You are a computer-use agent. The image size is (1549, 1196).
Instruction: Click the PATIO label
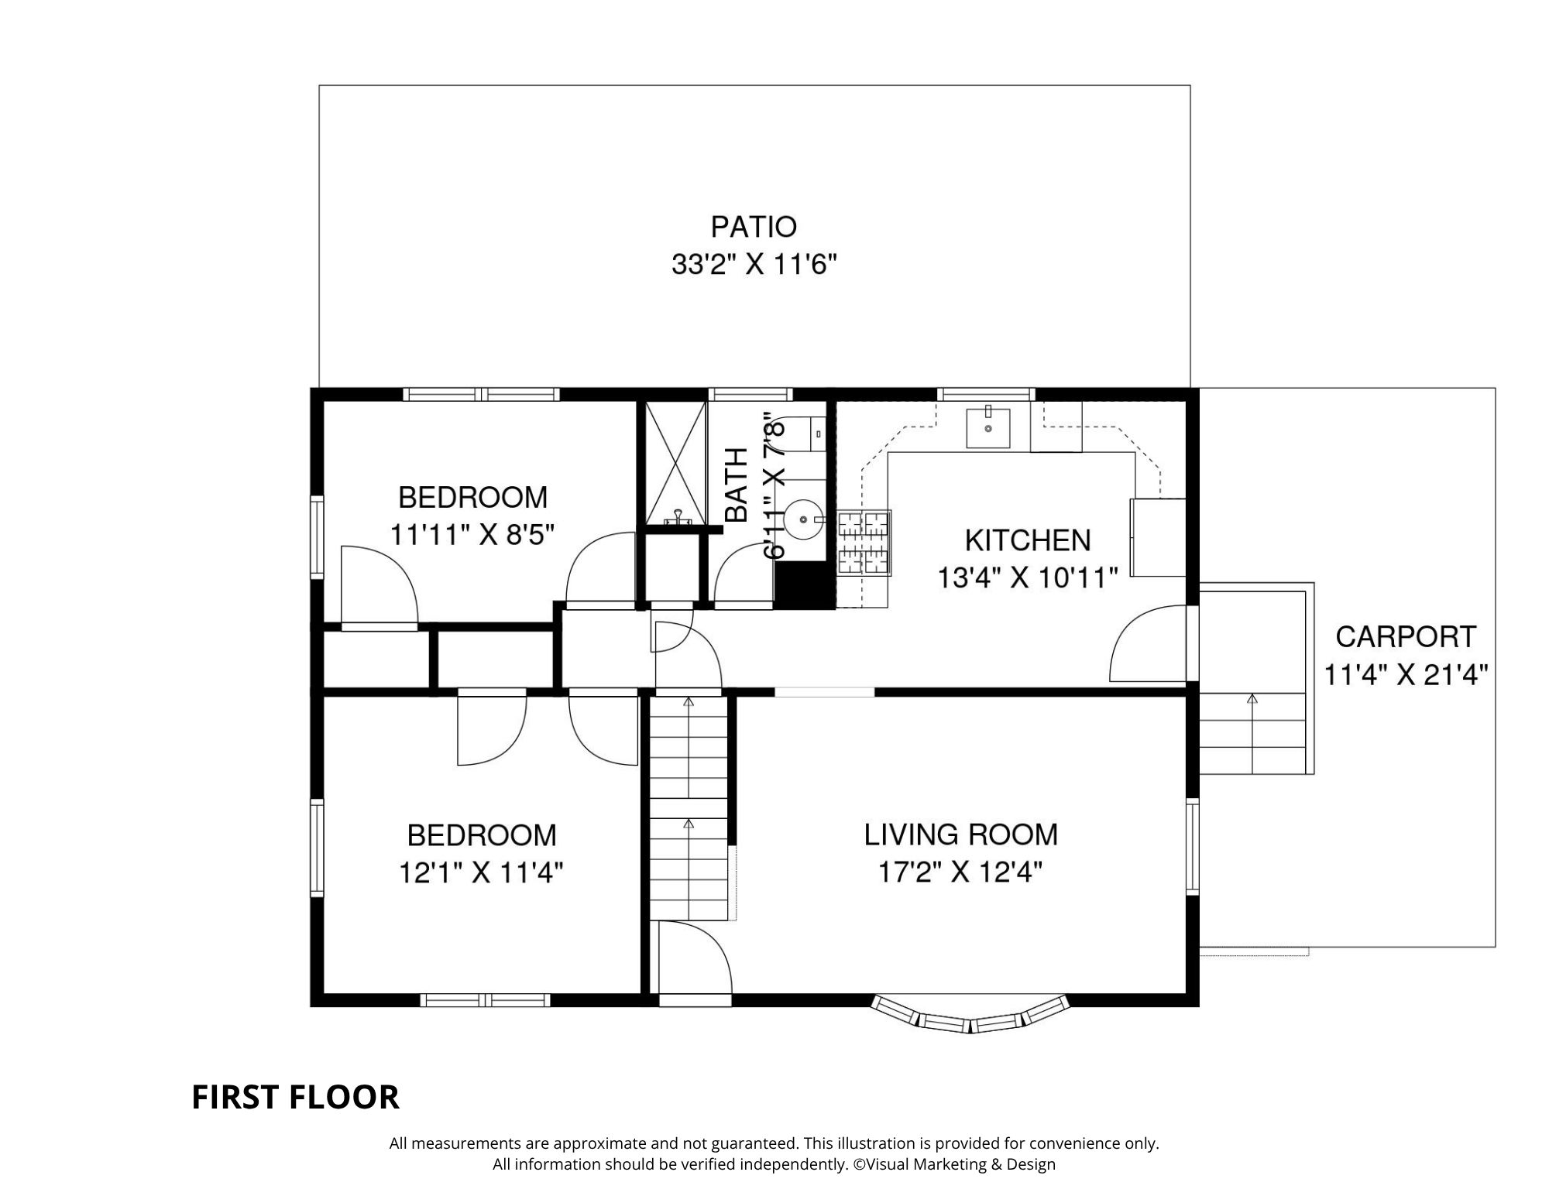click(x=754, y=227)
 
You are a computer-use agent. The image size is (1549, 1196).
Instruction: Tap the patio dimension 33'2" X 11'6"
click(x=754, y=266)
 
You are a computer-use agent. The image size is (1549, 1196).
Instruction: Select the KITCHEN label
click(x=1028, y=540)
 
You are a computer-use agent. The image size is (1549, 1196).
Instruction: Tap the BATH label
click(x=737, y=485)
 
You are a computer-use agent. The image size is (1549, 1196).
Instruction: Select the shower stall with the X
click(x=676, y=463)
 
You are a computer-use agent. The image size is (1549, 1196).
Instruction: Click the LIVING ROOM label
click(x=961, y=834)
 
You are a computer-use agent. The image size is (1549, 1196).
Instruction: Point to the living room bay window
click(x=970, y=1015)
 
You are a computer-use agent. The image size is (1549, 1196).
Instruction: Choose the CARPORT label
click(x=1406, y=637)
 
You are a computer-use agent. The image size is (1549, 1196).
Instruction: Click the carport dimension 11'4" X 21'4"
click(x=1406, y=675)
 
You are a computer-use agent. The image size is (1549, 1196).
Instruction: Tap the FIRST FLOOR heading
click(x=295, y=1097)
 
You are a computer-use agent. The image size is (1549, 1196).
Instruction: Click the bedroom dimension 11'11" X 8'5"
click(x=472, y=535)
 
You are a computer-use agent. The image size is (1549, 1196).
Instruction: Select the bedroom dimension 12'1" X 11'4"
click(x=481, y=873)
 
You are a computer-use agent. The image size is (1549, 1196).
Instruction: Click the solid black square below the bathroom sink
click(x=805, y=584)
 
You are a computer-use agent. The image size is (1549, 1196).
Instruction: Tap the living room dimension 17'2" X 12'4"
click(x=960, y=873)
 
